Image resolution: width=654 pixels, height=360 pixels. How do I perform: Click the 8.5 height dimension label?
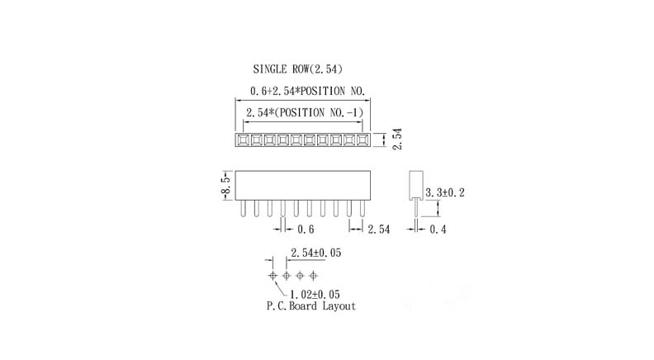(224, 185)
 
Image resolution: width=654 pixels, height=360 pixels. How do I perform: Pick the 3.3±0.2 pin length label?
(444, 192)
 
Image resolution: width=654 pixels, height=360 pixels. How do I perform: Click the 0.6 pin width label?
(306, 230)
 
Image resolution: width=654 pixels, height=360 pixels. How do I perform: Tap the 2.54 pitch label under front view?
(378, 230)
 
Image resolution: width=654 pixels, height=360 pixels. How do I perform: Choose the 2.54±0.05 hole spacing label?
(317, 253)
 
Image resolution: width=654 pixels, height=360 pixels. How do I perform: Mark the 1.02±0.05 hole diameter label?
(316, 293)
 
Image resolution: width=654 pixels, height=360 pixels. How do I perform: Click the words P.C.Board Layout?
(310, 306)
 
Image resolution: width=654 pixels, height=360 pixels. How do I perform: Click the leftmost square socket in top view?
(244, 141)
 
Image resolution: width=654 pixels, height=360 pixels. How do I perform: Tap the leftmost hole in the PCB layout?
(273, 274)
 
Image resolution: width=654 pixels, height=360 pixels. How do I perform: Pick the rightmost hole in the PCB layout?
(313, 274)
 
